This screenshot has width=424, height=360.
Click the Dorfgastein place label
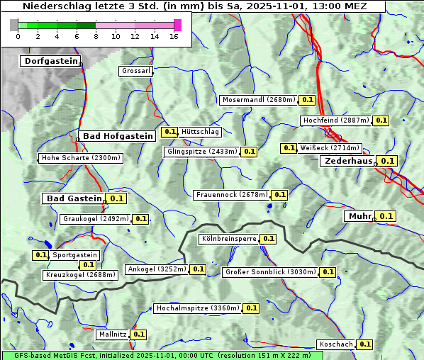(x=50, y=61)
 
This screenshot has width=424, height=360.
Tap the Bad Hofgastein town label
(x=116, y=135)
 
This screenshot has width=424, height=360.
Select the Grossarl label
(x=135, y=71)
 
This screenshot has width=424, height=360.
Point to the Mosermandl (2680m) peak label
(x=258, y=100)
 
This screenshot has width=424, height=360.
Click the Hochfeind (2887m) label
(x=335, y=120)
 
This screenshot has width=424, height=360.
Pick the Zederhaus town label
(x=347, y=161)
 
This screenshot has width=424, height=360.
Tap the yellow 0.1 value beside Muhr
(x=386, y=216)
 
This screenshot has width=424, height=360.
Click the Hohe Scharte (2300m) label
(x=81, y=158)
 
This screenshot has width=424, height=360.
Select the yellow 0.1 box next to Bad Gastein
(x=116, y=198)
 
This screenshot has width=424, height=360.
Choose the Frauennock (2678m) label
(x=231, y=194)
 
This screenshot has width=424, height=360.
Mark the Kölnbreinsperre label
(x=228, y=239)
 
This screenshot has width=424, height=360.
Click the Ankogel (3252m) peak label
(x=156, y=269)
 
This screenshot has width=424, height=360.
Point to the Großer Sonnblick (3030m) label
(x=269, y=271)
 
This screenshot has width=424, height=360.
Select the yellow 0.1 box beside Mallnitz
(x=138, y=334)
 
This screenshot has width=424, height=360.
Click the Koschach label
(x=336, y=344)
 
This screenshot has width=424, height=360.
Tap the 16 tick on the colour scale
(x=174, y=36)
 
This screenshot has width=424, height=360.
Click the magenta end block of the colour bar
(x=177, y=25)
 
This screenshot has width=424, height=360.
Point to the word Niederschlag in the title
(x=54, y=6)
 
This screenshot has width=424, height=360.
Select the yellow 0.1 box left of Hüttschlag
(x=169, y=131)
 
